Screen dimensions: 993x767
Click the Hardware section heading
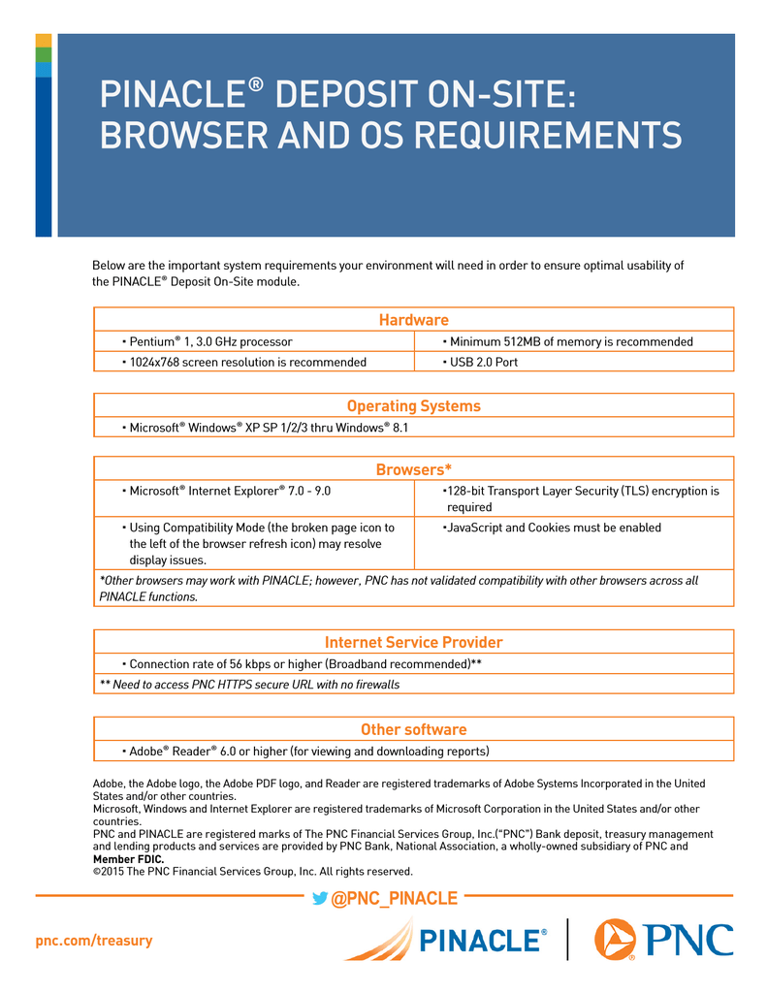click(413, 320)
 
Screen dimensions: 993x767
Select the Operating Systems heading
click(413, 406)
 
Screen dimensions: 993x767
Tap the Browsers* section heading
click(413, 470)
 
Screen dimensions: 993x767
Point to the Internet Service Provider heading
click(413, 642)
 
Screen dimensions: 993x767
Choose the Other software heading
click(413, 729)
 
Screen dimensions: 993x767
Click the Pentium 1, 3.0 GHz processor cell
click(210, 341)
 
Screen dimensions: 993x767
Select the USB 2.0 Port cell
click(482, 363)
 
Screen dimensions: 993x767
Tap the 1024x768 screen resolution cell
click(247, 363)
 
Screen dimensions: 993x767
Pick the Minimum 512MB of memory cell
click(570, 341)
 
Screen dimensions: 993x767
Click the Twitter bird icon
click(319, 899)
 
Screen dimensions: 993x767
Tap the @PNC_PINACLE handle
click(394, 899)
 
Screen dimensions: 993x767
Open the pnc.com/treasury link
click(94, 941)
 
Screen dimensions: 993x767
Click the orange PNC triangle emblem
click(615, 939)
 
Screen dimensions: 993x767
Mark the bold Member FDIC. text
click(128, 859)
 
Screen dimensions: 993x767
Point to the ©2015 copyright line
click(252, 871)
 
